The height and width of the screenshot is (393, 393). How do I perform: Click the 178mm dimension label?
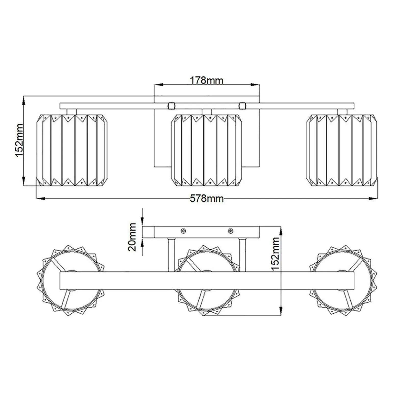(x=206, y=80)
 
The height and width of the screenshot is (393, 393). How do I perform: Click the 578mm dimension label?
(x=207, y=198)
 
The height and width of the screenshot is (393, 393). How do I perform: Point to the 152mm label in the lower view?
(x=276, y=254)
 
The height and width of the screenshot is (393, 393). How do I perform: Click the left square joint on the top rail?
(x=171, y=106)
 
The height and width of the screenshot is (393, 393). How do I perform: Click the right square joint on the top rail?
(x=242, y=106)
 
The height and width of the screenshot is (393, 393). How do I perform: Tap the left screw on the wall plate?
(x=183, y=231)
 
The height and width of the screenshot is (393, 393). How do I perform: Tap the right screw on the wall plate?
(x=230, y=231)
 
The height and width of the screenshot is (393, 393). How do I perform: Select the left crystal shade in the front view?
(x=72, y=150)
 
